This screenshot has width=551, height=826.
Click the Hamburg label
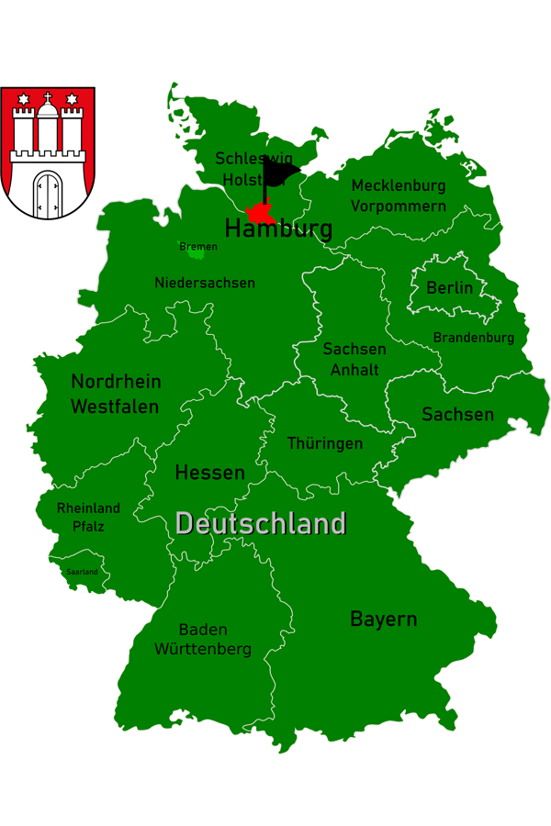pyautogui.click(x=277, y=229)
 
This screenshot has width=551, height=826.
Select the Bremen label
pyautogui.click(x=198, y=247)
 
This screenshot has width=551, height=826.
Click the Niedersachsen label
pyautogui.click(x=205, y=283)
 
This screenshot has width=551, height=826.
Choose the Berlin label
pyautogui.click(x=450, y=288)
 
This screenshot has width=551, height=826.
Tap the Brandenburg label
pyautogui.click(x=474, y=338)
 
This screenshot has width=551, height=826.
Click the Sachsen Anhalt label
pyautogui.click(x=354, y=360)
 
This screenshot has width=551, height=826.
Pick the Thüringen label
pyautogui.click(x=325, y=443)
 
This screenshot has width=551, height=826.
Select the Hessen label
pyautogui.click(x=210, y=474)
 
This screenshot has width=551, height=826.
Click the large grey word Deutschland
pyautogui.click(x=261, y=524)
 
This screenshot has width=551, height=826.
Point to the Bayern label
pyautogui.click(x=384, y=619)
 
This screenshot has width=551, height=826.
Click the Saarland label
pyautogui.click(x=82, y=572)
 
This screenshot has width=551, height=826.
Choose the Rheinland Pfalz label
pyautogui.click(x=88, y=518)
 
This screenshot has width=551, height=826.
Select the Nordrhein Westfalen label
pyautogui.click(x=116, y=394)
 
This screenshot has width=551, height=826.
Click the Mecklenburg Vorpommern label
pyautogui.click(x=399, y=195)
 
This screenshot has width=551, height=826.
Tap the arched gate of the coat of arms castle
pyautogui.click(x=47, y=191)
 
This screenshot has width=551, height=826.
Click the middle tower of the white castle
pyautogui.click(x=48, y=128)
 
